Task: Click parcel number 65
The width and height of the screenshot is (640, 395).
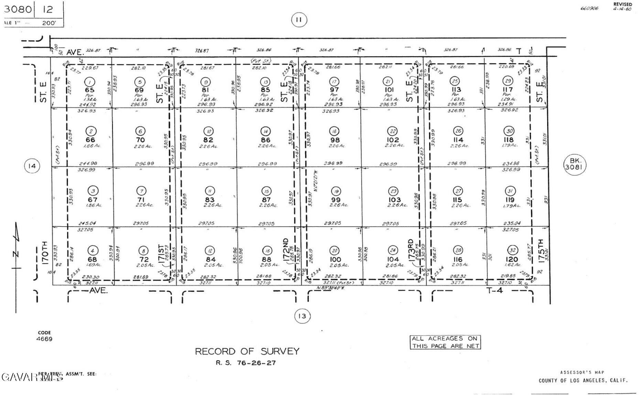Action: (x=89, y=90)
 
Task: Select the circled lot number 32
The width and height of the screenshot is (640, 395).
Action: (x=512, y=250)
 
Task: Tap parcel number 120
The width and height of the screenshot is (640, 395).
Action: (x=512, y=259)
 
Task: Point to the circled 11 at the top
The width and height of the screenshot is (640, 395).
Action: (x=299, y=20)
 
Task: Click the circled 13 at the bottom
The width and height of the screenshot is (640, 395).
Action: (x=302, y=316)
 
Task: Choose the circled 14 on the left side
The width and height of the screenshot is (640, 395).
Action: (x=32, y=166)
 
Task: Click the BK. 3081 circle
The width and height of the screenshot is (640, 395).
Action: (x=575, y=164)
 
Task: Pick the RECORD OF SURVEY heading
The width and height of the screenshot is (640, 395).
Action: (x=247, y=351)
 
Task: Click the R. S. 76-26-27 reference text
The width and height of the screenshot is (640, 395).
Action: (x=246, y=363)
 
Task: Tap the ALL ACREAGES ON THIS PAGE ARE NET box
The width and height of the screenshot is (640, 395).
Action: (x=445, y=342)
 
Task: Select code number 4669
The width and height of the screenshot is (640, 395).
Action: (x=44, y=339)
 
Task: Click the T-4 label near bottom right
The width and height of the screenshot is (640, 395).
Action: (x=495, y=291)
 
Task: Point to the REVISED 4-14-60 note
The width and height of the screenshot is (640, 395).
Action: (x=622, y=7)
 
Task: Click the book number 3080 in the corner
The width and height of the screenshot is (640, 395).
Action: (x=18, y=9)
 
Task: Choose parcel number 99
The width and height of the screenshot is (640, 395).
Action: (x=336, y=200)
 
